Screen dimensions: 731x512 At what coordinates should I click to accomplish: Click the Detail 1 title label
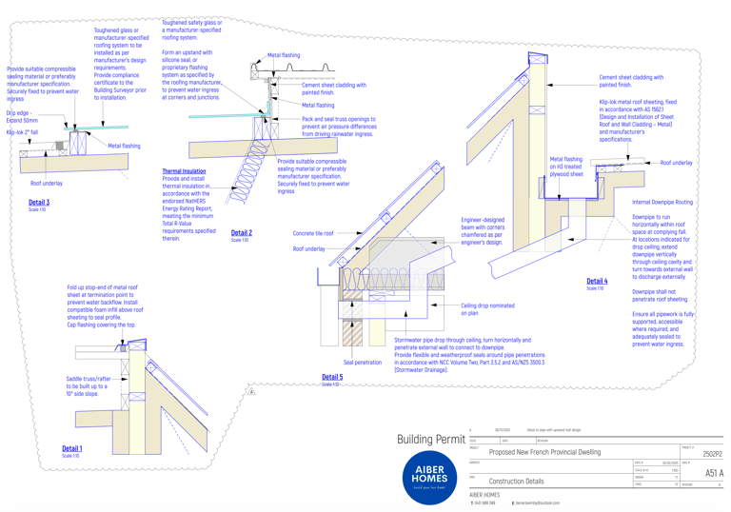pyautogui.click(x=72, y=448)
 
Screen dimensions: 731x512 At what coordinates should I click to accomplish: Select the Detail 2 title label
pyautogui.click(x=241, y=232)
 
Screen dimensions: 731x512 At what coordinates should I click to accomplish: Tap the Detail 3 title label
pyautogui.click(x=39, y=203)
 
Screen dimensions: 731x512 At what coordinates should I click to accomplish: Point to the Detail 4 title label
pyautogui.click(x=597, y=281)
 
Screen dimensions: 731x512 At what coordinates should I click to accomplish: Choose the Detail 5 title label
pyautogui.click(x=332, y=377)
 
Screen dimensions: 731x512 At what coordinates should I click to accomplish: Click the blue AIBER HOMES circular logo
pyautogui.click(x=429, y=474)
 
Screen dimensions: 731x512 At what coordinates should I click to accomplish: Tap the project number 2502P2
pyautogui.click(x=712, y=454)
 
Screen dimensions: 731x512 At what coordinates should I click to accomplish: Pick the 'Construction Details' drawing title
pyautogui.click(x=516, y=482)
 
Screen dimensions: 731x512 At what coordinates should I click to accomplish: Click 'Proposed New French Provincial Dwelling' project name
pyautogui.click(x=544, y=452)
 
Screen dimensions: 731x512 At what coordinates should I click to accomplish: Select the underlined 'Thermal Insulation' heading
pyautogui.click(x=184, y=171)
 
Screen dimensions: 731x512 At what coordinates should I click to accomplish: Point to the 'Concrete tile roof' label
pyautogui.click(x=313, y=233)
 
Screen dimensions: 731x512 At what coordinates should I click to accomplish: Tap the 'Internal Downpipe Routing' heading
pyautogui.click(x=662, y=203)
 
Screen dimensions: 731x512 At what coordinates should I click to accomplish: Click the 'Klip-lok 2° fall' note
pyautogui.click(x=23, y=132)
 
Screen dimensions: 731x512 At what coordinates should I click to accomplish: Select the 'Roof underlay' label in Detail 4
pyautogui.click(x=677, y=163)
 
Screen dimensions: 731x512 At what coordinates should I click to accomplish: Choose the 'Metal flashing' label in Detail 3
pyautogui.click(x=124, y=146)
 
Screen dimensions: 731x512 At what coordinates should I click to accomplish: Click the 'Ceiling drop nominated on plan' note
pyautogui.click(x=487, y=308)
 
